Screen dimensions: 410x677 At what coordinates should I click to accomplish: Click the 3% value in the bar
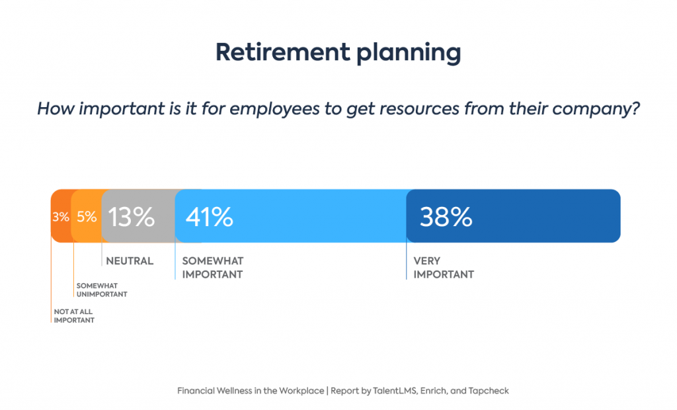point(61,217)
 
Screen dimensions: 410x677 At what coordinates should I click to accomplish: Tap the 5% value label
point(87,217)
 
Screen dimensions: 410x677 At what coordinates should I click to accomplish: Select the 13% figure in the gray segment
point(131,217)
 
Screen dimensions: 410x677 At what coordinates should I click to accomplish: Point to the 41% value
point(210,217)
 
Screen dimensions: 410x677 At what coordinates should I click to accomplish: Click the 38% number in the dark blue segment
point(446,217)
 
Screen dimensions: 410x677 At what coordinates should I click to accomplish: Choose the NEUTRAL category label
point(130,261)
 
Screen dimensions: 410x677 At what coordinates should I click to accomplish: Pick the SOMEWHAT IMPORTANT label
point(212,268)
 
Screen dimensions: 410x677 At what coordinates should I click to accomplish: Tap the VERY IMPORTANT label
point(444,268)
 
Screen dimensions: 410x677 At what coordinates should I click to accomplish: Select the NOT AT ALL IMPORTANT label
point(74,316)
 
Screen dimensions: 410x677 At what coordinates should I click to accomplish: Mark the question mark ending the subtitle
point(636,108)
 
